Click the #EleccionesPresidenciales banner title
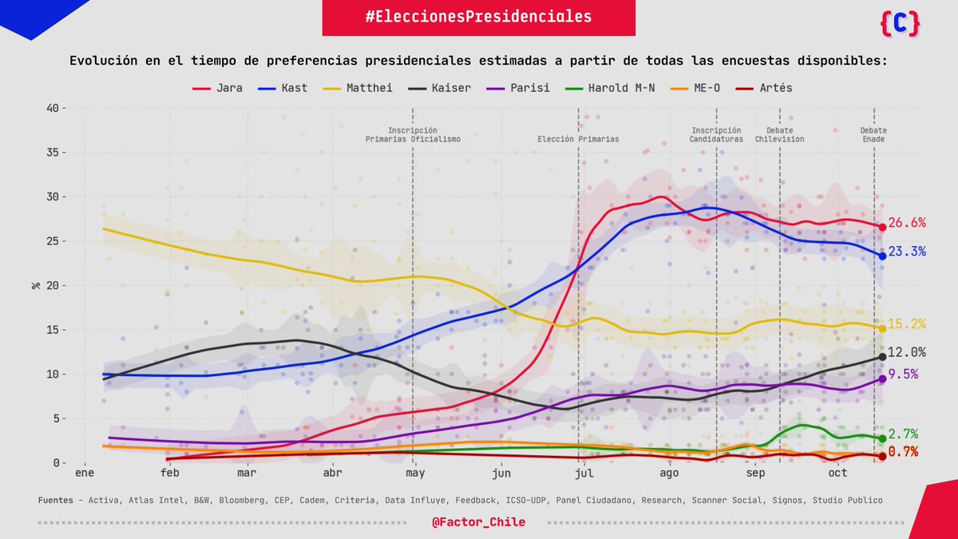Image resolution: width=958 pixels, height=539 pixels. [x=479, y=17]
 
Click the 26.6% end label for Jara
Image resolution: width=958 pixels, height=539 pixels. [x=907, y=223]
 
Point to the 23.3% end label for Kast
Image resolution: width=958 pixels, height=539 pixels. [x=907, y=252]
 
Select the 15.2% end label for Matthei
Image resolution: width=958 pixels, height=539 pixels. [x=907, y=324]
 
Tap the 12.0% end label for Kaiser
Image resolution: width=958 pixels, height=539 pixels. [x=907, y=352]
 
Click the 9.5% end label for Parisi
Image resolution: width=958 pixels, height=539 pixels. [x=904, y=374]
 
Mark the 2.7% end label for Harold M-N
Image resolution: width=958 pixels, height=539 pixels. [x=904, y=434]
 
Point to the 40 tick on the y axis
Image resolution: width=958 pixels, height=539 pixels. [x=53, y=108]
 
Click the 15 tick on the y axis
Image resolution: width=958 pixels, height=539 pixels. [x=53, y=330]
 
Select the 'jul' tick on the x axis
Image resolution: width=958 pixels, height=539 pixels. [x=584, y=474]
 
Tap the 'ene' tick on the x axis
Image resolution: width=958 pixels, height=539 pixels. [x=85, y=474]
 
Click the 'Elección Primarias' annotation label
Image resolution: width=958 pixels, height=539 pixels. [x=578, y=139]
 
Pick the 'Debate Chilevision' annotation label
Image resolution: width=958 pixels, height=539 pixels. [x=779, y=135]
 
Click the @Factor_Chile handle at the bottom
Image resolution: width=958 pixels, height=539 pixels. [x=479, y=521]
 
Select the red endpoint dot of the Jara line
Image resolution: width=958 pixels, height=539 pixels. [x=882, y=227]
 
